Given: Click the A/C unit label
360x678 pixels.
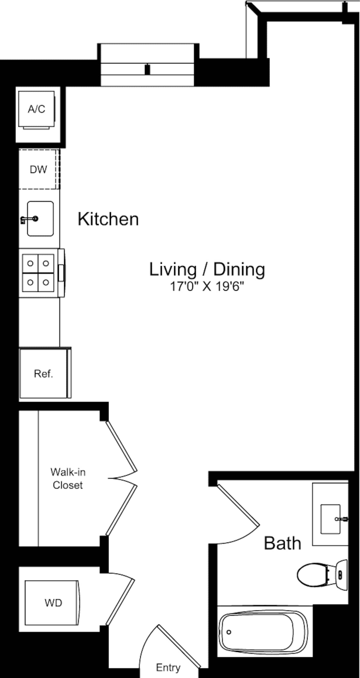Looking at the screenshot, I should pyautogui.click(x=36, y=109).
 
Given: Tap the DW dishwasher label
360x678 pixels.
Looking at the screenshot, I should pyautogui.click(x=38, y=169).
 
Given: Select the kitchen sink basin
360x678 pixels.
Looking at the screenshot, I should pyautogui.click(x=40, y=219).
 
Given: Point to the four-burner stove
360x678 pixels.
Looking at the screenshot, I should pyautogui.click(x=38, y=273).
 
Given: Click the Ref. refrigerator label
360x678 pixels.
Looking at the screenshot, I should pyautogui.click(x=43, y=374).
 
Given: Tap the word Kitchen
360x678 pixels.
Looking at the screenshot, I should pyautogui.click(x=108, y=219).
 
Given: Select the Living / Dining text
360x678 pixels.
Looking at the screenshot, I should pyautogui.click(x=207, y=269).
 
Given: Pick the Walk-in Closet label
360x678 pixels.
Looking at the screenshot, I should pyautogui.click(x=68, y=478).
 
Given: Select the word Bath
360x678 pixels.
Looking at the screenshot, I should pyautogui.click(x=282, y=543).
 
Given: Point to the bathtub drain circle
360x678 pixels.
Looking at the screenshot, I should pyautogui.click(x=229, y=632).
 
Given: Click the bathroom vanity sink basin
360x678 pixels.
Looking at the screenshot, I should pyautogui.click(x=330, y=519).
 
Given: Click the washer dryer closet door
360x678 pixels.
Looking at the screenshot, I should pyautogui.click(x=120, y=602).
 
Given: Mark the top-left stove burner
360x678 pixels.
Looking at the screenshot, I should pyautogui.click(x=30, y=263).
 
